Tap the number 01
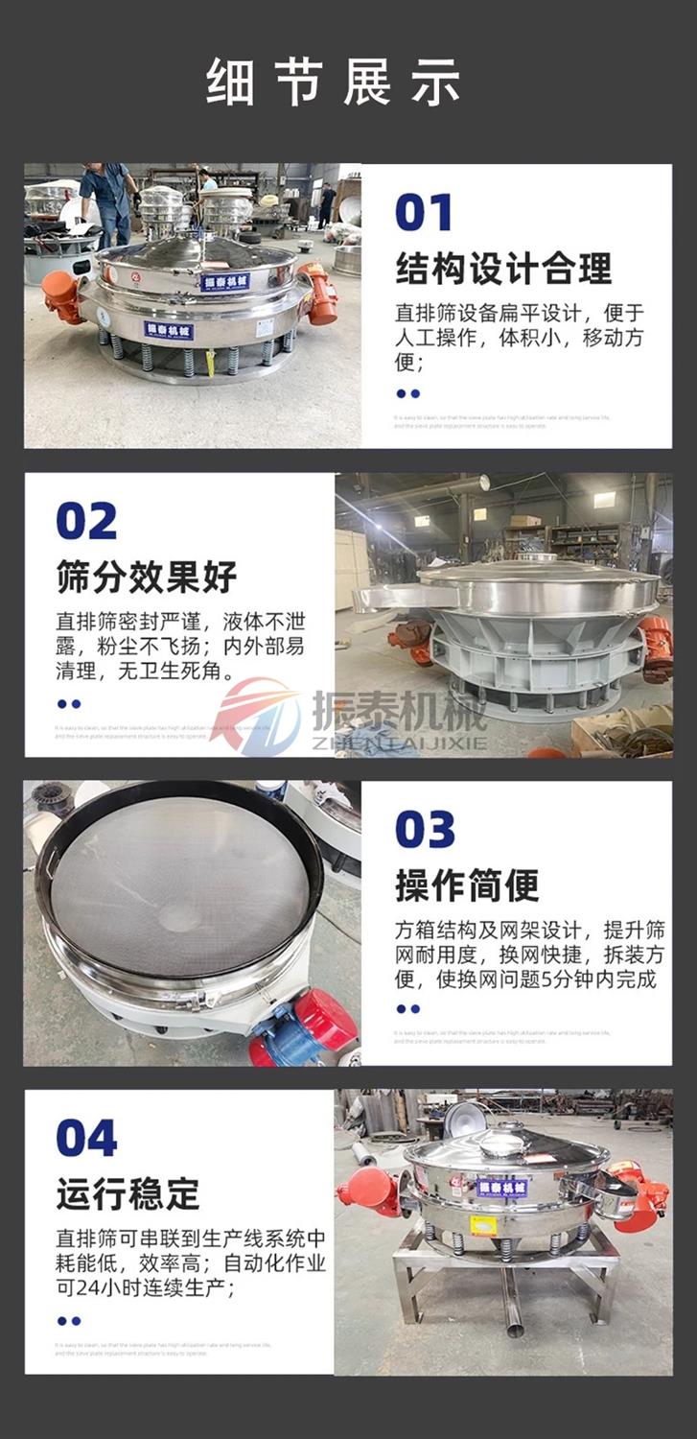click(423, 213)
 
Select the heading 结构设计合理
click(503, 270)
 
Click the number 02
click(86, 521)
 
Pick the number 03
click(425, 830)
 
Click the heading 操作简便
click(467, 885)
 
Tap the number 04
click(86, 1139)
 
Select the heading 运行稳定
click(128, 1194)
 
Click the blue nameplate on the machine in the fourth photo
click(501, 1188)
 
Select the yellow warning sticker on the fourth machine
click(483, 1225)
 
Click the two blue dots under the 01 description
click(407, 393)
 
